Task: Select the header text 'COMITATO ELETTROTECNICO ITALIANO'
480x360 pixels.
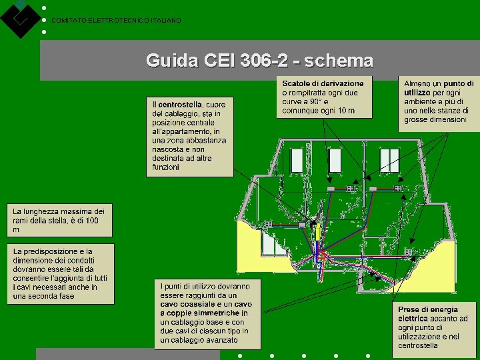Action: (116, 21)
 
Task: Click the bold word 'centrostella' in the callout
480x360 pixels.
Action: (181, 105)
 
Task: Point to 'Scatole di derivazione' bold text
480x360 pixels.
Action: (323, 83)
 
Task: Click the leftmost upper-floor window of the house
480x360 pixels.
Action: (295, 160)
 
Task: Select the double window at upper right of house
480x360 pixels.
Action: (389, 160)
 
